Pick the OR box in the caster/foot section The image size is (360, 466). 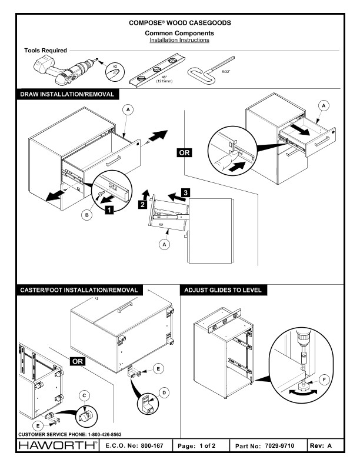(78, 360)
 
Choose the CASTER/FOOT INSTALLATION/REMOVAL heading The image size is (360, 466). (79, 289)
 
